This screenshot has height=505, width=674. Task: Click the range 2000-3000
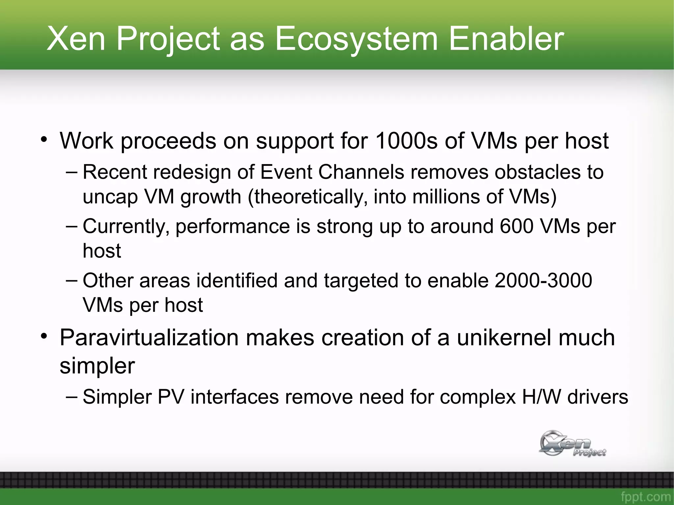543,281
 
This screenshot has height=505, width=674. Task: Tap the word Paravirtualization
149,338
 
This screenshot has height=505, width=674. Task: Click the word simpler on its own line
97,366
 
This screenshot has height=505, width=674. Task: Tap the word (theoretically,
307,197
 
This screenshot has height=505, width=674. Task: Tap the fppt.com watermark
645,496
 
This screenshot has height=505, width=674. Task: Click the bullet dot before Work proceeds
44,139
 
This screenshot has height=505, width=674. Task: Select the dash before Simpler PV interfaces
72,396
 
